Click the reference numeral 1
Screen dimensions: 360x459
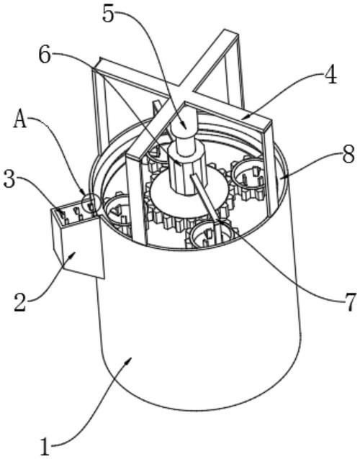[x=45, y=446]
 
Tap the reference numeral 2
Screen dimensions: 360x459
[x=20, y=301]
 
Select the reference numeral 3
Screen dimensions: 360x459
[x=9, y=180]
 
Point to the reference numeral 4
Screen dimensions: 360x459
[x=330, y=76]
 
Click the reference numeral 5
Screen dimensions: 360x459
[x=109, y=14]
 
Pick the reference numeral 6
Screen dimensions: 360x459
[x=45, y=55]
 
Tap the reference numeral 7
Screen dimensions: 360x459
[x=350, y=301]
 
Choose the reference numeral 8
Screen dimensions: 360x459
[x=349, y=155]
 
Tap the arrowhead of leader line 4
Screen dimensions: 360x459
[x=244, y=118]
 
